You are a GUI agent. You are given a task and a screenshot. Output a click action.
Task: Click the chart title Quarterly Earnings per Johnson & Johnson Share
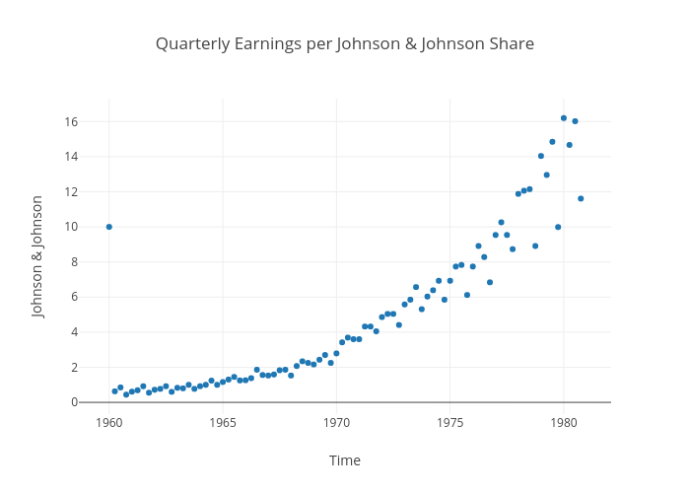click(345, 44)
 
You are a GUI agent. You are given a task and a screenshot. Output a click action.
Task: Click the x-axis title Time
click(345, 460)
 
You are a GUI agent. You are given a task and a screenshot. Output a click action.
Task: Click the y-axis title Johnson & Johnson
click(38, 256)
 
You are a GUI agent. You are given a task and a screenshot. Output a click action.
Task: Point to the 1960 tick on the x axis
click(108, 423)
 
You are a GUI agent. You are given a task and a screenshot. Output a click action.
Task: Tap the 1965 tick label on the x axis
click(223, 423)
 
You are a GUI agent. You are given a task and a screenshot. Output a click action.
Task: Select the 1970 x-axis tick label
click(336, 423)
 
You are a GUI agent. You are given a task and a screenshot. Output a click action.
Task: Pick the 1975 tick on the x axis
click(450, 423)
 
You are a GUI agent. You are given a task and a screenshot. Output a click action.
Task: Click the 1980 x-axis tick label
click(564, 423)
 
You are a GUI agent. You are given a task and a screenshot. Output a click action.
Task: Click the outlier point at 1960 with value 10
click(109, 227)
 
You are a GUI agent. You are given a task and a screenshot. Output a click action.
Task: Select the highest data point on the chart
click(564, 118)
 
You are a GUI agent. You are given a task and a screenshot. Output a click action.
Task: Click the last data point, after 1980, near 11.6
click(581, 198)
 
